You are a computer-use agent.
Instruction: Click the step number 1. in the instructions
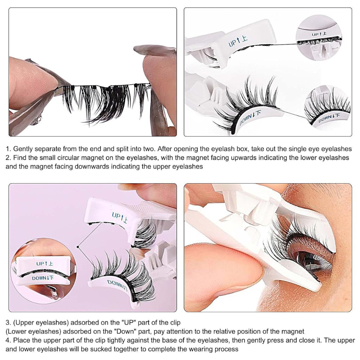tap(9, 149)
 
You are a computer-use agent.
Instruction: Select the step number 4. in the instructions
tap(9, 340)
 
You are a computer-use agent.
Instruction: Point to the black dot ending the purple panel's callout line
tap(78, 247)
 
